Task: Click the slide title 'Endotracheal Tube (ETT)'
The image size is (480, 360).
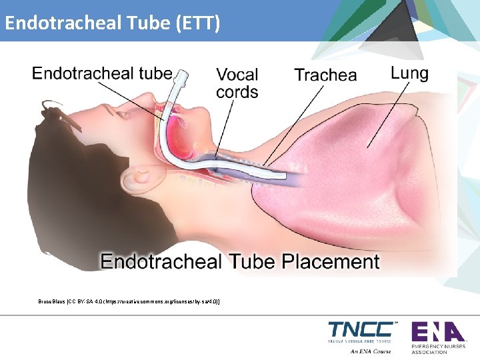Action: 112,24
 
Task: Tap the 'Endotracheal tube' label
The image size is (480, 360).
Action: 102,73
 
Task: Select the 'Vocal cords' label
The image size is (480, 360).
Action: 237,83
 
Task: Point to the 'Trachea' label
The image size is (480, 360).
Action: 325,75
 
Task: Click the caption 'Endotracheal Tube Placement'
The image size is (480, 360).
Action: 240,261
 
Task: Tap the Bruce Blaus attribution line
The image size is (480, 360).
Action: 129,302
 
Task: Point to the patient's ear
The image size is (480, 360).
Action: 141,177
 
